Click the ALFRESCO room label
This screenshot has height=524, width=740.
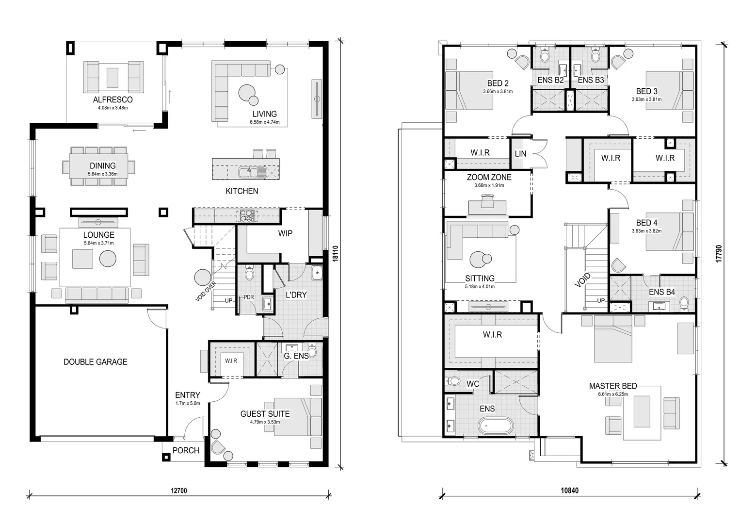[x=113, y=99]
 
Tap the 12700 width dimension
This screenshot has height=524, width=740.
[x=178, y=491]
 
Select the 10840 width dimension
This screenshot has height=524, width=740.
[x=569, y=490]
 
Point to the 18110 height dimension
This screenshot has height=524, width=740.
[x=335, y=253]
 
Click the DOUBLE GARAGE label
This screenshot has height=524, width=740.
[x=96, y=362]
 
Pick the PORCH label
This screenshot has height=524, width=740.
[x=186, y=450]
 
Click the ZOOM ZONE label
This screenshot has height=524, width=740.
[x=489, y=178]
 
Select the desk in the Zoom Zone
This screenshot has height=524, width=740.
[x=487, y=207]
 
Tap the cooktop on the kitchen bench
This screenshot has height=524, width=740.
[x=246, y=215]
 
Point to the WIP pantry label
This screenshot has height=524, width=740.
[x=285, y=233]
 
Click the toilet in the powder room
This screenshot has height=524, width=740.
[x=249, y=274]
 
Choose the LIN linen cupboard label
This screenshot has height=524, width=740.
[x=520, y=154]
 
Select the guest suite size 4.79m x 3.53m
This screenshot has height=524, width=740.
[x=265, y=422]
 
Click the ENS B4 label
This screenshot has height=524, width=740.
[x=662, y=292]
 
